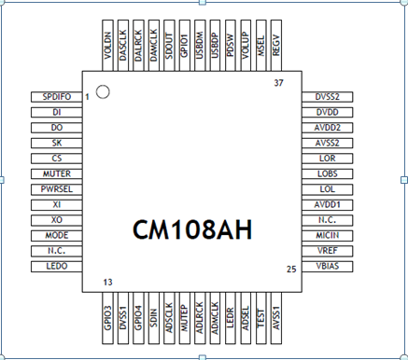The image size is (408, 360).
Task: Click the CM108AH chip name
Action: (x=192, y=228)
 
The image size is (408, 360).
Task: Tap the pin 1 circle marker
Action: (x=103, y=91)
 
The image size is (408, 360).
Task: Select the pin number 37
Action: (x=278, y=84)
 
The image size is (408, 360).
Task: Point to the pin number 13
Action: (x=109, y=282)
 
